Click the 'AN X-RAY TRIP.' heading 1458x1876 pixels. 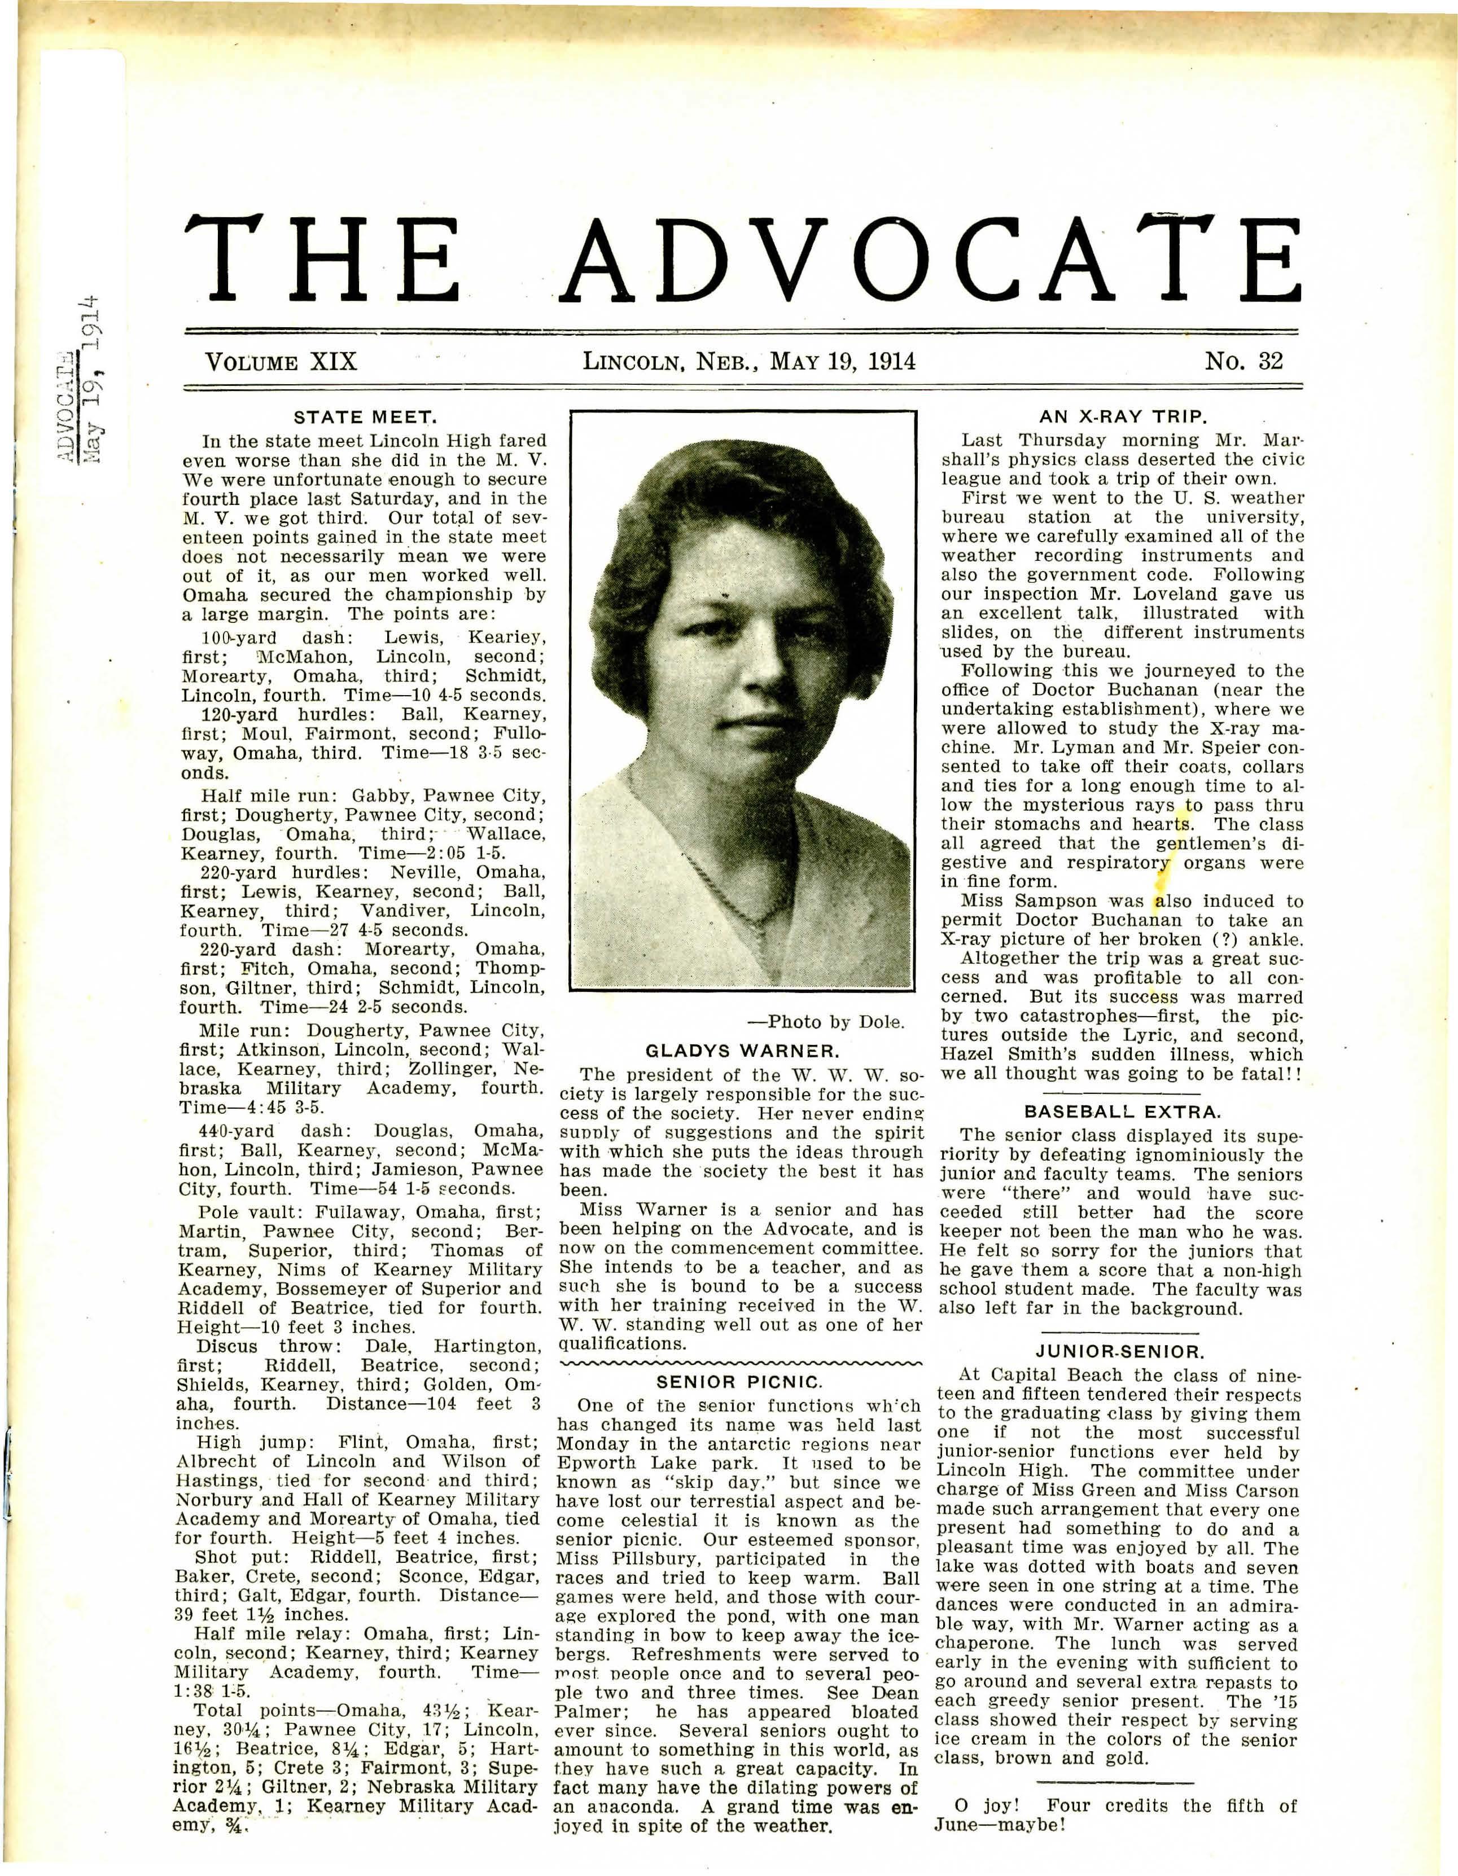pos(1123,418)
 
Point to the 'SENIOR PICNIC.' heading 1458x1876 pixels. pos(740,1382)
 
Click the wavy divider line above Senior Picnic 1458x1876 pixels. pos(740,1363)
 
